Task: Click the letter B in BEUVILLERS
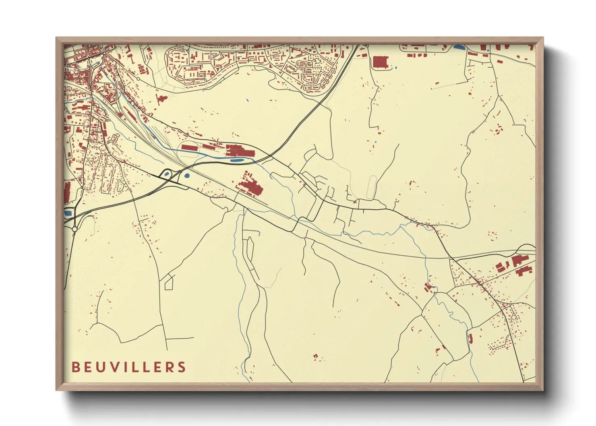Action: pos(75,367)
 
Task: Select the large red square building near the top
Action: pos(380,62)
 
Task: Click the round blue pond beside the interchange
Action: pos(186,176)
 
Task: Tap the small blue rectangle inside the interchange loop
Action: pos(167,174)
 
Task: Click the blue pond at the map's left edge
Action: pos(68,213)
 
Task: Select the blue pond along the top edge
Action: pos(458,47)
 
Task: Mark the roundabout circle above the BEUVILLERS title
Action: pos(74,229)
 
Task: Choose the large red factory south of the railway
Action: pos(250,187)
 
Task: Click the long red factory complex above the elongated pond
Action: pos(240,151)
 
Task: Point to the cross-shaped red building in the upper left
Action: pos(161,99)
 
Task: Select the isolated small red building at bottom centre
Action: pos(316,356)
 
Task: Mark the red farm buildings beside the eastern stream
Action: pos(428,287)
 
